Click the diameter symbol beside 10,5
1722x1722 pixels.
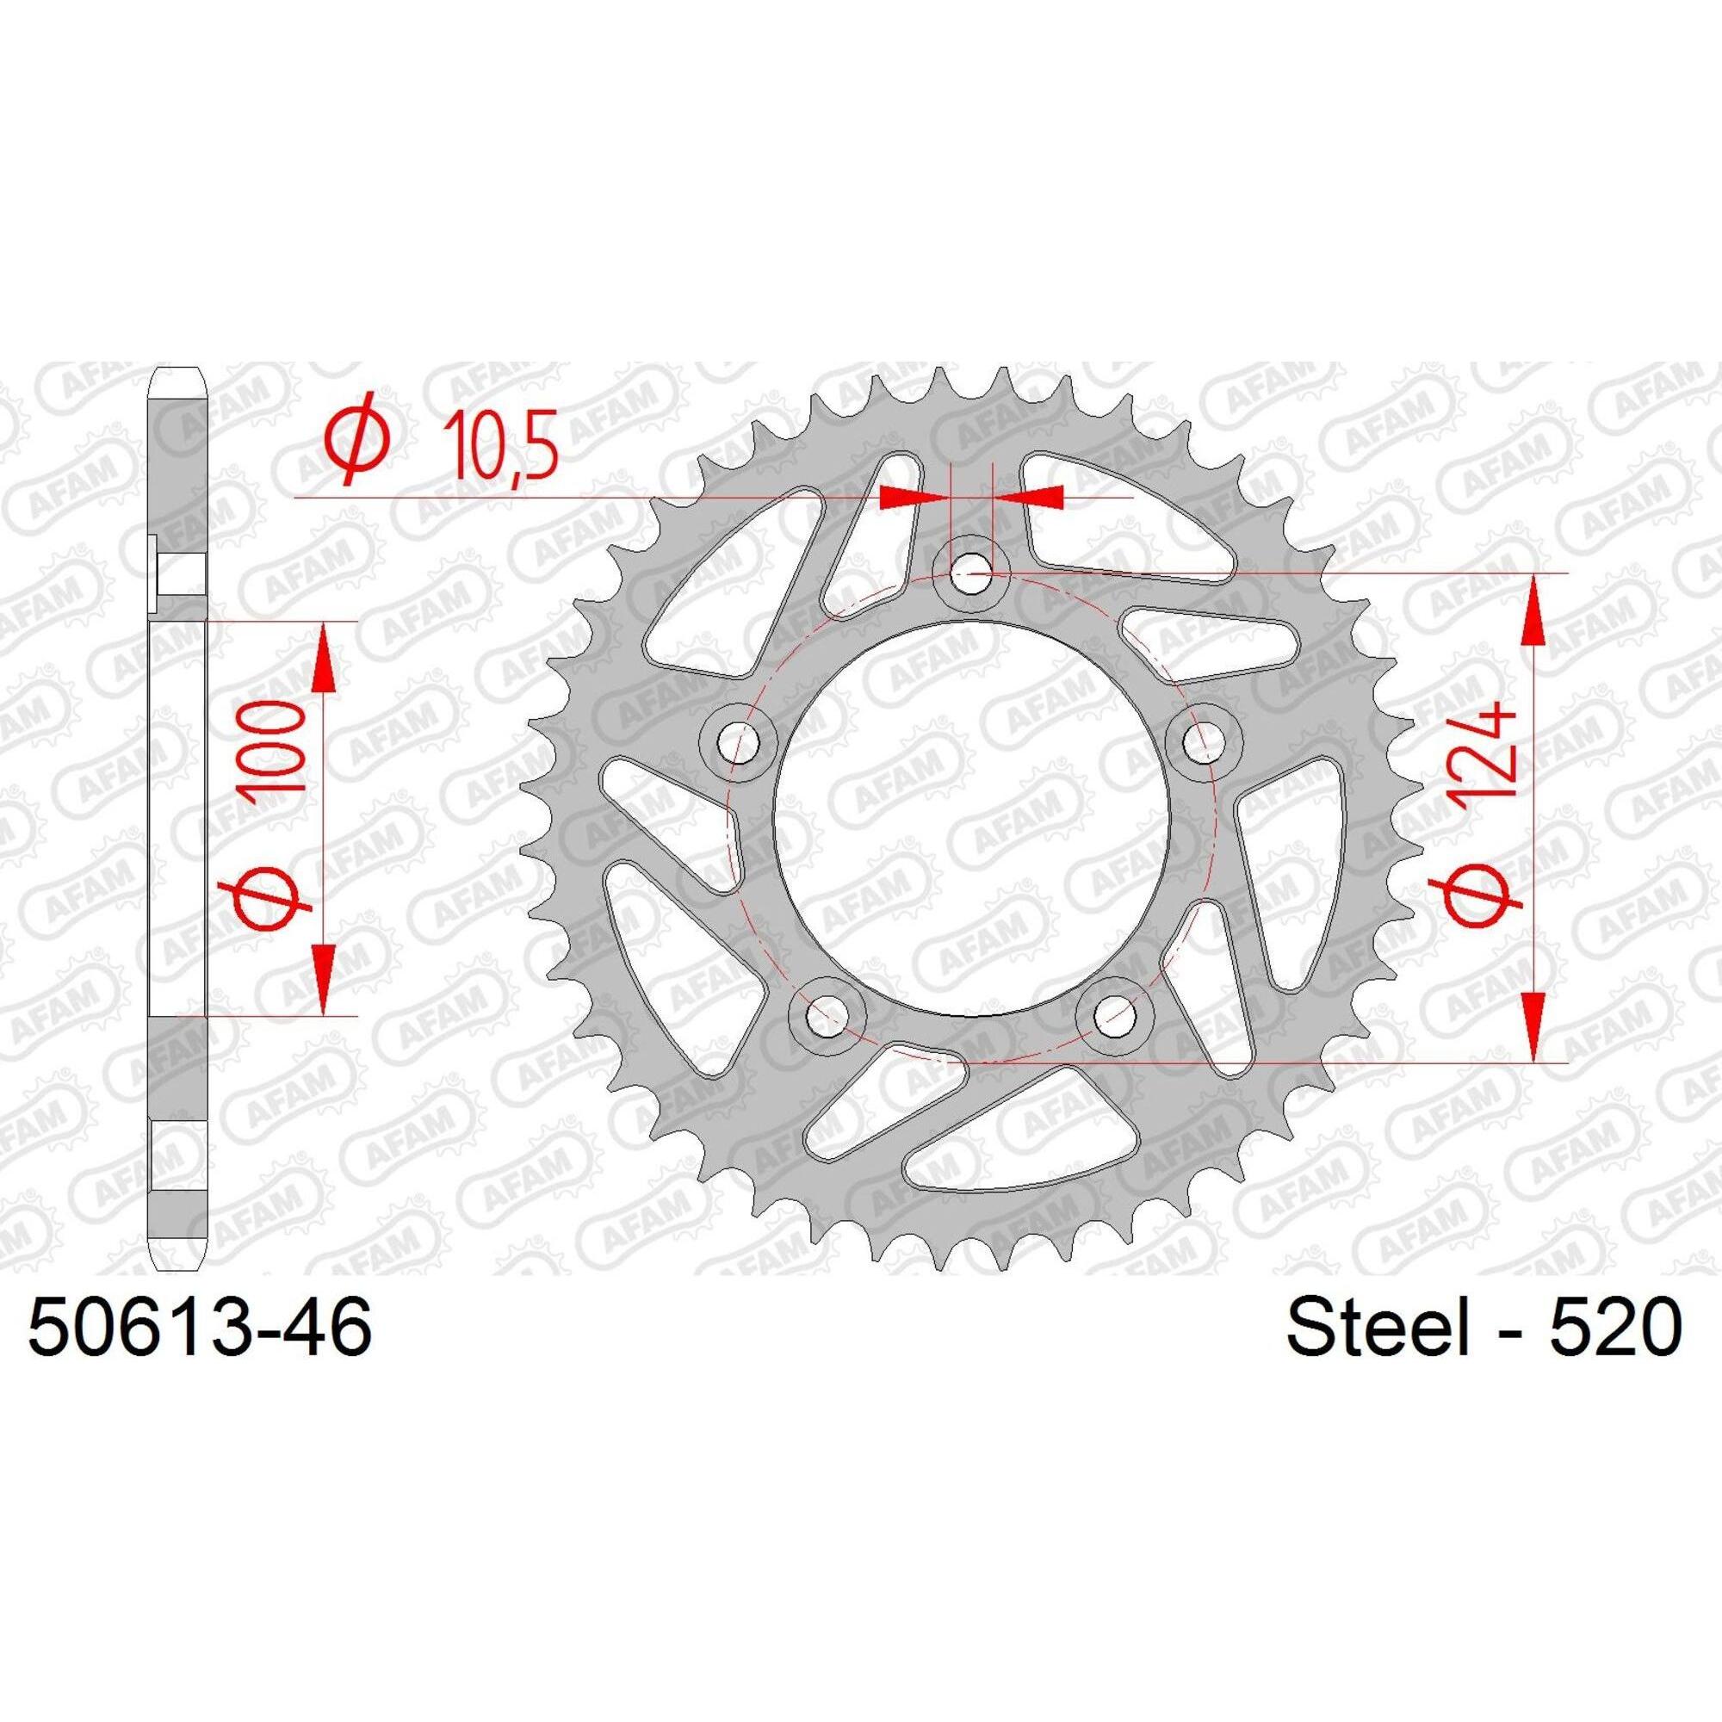[x=359, y=446]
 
